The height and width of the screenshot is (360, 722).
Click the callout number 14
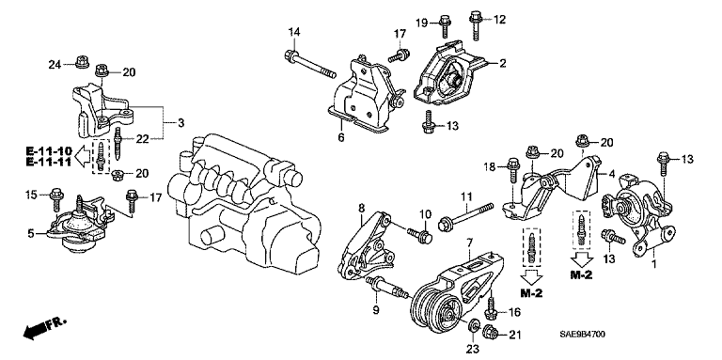[x=294, y=32]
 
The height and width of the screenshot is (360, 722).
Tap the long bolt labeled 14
[x=310, y=65]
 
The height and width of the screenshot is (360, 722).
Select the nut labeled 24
[x=82, y=61]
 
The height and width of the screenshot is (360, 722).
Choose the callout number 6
[x=341, y=137]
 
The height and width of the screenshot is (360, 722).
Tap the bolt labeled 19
[x=446, y=25]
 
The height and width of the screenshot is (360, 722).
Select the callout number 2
[x=502, y=63]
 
